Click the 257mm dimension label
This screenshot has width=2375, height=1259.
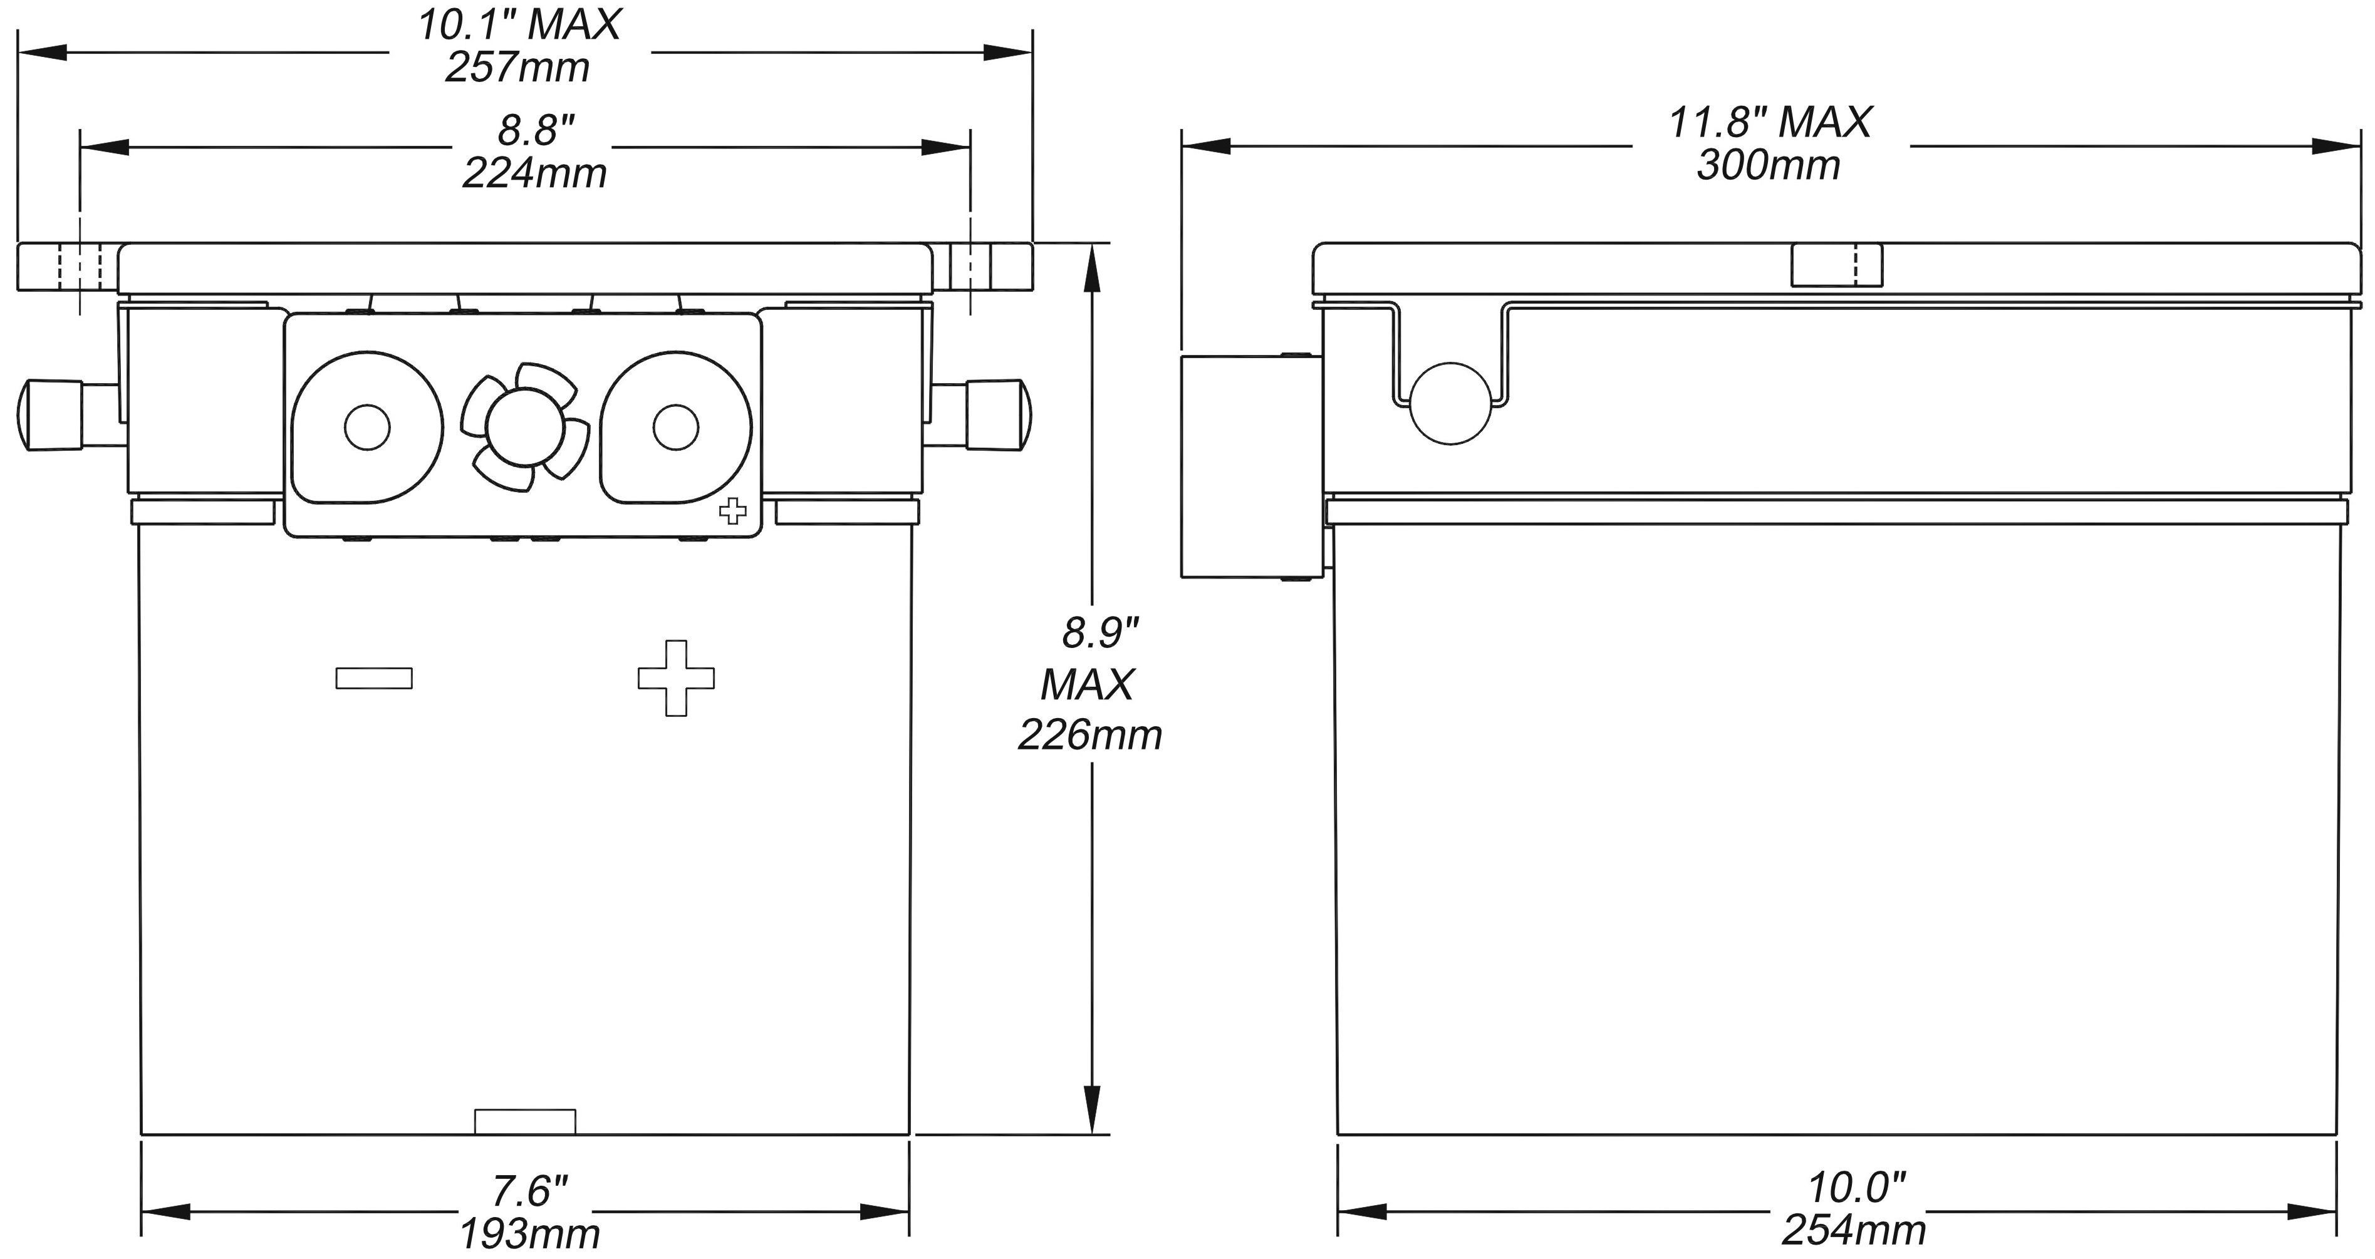click(x=517, y=68)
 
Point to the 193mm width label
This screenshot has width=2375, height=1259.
click(x=529, y=1233)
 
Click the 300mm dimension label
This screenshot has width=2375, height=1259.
click(x=1769, y=166)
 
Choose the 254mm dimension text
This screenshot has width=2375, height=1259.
click(x=1853, y=1230)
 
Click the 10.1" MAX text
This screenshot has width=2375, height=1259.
click(x=519, y=25)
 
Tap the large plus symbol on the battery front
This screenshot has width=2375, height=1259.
click(x=676, y=679)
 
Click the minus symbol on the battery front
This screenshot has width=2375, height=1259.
click(x=373, y=679)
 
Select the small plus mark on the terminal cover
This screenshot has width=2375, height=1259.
click(x=733, y=511)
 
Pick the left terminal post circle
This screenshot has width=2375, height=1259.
click(x=367, y=428)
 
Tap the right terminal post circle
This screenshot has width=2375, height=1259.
click(x=676, y=428)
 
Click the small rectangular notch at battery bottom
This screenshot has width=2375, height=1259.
click(x=524, y=1122)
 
